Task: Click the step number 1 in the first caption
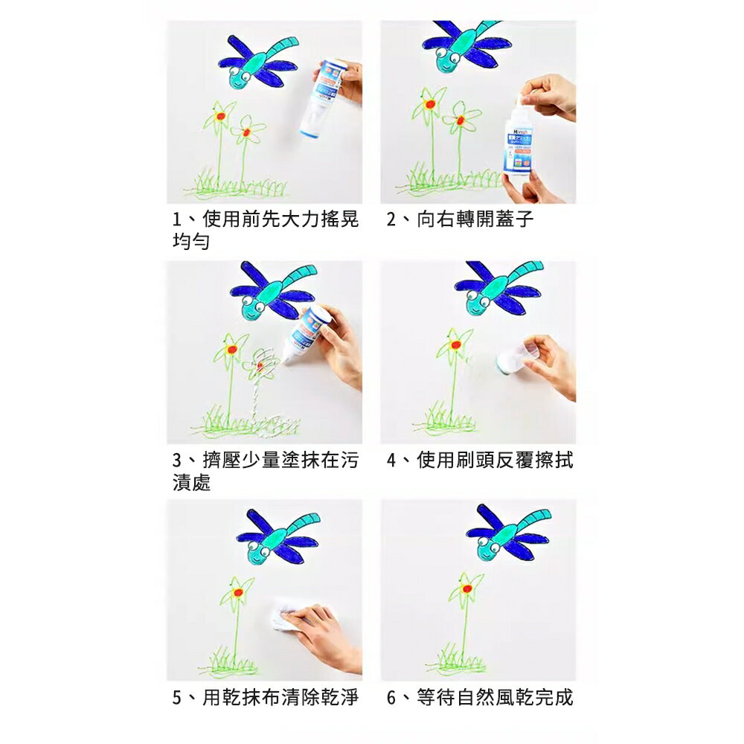[177, 220]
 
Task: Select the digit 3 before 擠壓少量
[177, 461]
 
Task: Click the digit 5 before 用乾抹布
[177, 698]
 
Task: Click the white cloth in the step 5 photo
[286, 615]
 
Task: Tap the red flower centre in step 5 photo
[237, 593]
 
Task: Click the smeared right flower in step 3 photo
[262, 365]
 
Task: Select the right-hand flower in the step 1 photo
[246, 131]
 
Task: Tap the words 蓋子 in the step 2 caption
[518, 220]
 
